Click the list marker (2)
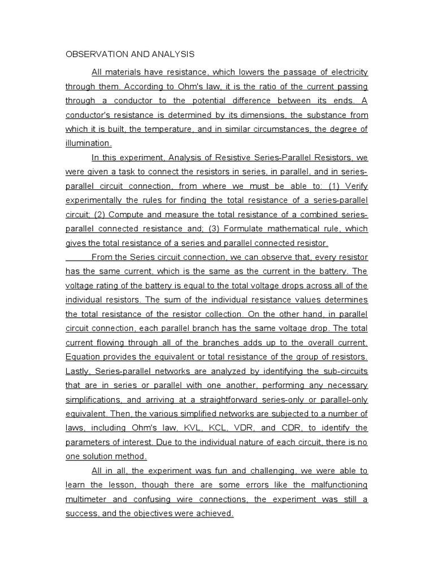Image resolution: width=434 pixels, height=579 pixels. coord(99,214)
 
